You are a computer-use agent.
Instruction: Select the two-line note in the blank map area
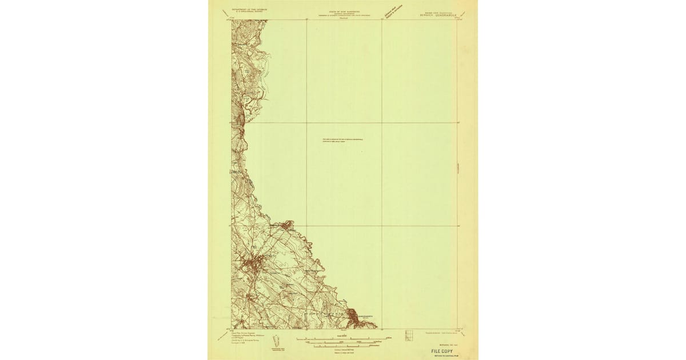(343, 141)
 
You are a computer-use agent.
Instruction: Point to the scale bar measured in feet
(343, 342)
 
